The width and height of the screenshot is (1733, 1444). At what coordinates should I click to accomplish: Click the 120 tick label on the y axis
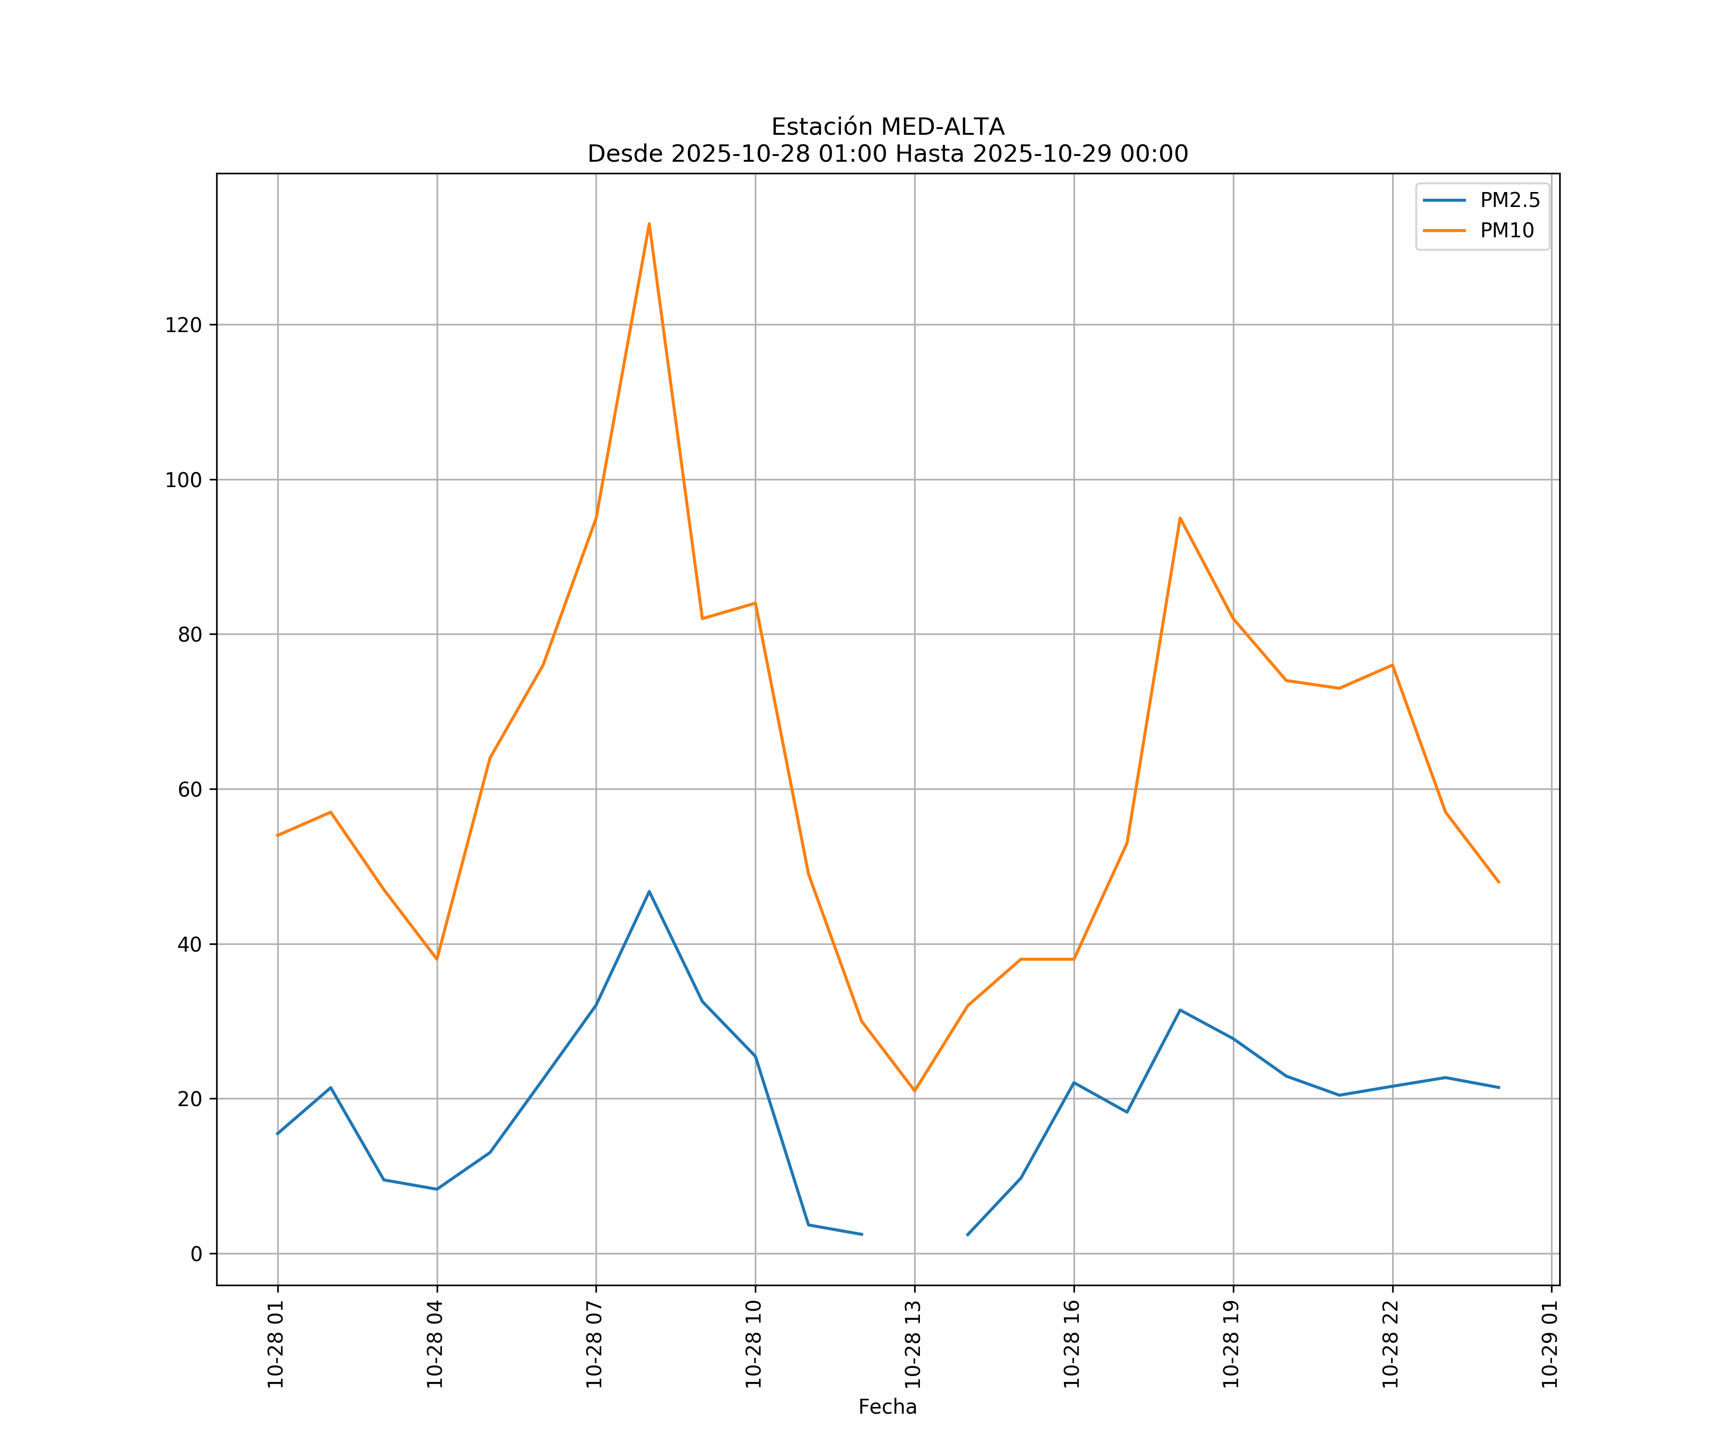pos(183,325)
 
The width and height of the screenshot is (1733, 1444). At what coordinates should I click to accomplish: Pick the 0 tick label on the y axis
pos(195,1254)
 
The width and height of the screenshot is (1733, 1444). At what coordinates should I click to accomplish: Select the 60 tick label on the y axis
pos(189,790)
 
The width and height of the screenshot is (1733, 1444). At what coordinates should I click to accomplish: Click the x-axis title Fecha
pos(887,1407)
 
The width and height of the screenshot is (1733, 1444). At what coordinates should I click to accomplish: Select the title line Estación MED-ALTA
pos(887,127)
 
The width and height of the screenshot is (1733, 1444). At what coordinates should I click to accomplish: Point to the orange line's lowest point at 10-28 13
pos(914,1091)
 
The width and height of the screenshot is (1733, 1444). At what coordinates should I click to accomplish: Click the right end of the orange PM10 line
pos(1499,882)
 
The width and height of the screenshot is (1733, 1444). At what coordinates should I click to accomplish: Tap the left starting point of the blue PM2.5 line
pos(277,1134)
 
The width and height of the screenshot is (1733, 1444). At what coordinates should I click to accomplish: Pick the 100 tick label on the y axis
pos(183,480)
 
